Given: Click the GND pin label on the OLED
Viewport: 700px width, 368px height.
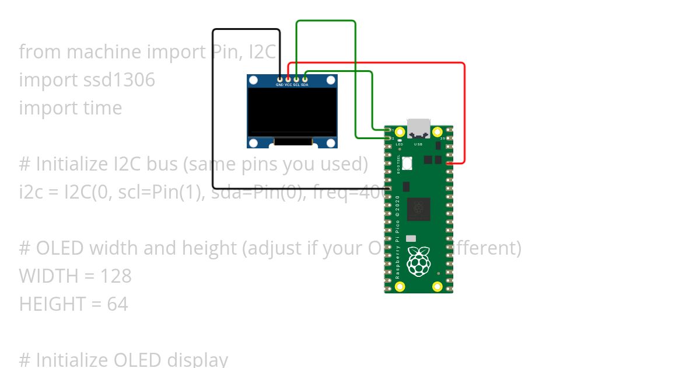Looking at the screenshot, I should point(279,85).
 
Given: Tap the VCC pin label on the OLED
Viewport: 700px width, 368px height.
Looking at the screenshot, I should point(288,85).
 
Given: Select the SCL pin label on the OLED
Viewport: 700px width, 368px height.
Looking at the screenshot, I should point(296,85).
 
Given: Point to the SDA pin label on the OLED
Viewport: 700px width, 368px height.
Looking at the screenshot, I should point(304,85).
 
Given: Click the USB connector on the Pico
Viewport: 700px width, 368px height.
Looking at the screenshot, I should point(418,128).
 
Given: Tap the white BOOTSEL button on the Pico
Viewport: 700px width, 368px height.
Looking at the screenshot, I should point(407,163).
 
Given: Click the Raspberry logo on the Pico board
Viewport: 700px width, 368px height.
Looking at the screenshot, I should point(418,261).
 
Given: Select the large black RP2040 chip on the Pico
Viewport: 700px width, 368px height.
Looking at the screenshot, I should point(418,209).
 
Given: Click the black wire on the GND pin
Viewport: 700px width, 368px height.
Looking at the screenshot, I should point(214,117).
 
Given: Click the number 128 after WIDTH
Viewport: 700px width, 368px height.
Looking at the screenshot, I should point(116,276).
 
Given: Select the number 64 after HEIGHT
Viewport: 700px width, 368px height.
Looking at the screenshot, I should point(117,304).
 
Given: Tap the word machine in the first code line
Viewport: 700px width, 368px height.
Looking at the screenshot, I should point(102,52).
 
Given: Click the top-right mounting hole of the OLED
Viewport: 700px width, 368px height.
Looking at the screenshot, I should point(331,79).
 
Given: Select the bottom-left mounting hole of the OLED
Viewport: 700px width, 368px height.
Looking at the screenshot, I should point(253,143).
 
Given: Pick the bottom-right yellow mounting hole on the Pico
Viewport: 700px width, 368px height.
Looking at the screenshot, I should point(437,286).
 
